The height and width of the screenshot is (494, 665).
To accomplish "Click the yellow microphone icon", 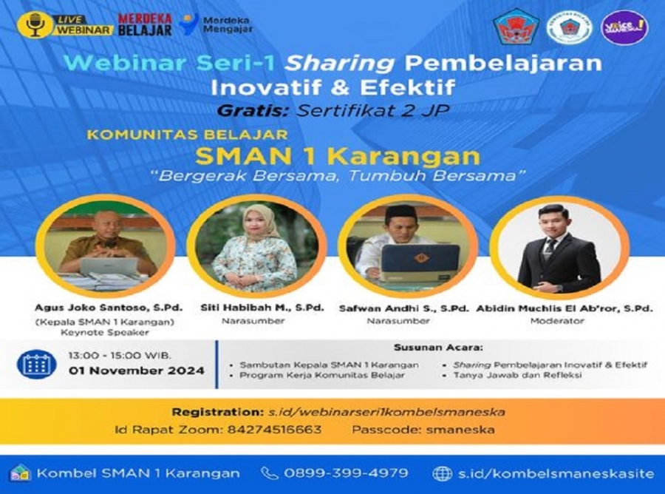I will click(x=35, y=24).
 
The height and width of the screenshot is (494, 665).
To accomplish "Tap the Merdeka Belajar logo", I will click(x=145, y=24).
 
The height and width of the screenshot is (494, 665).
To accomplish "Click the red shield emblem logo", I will click(x=516, y=27).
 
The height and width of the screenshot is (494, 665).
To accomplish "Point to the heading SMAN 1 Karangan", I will click(x=337, y=157).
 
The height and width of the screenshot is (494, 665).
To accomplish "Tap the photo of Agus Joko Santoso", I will click(x=109, y=244).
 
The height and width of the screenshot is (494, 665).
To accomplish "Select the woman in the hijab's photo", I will click(x=256, y=246).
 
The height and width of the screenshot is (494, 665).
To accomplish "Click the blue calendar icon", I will click(x=36, y=364).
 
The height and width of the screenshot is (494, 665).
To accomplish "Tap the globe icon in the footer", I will click(x=442, y=473).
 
